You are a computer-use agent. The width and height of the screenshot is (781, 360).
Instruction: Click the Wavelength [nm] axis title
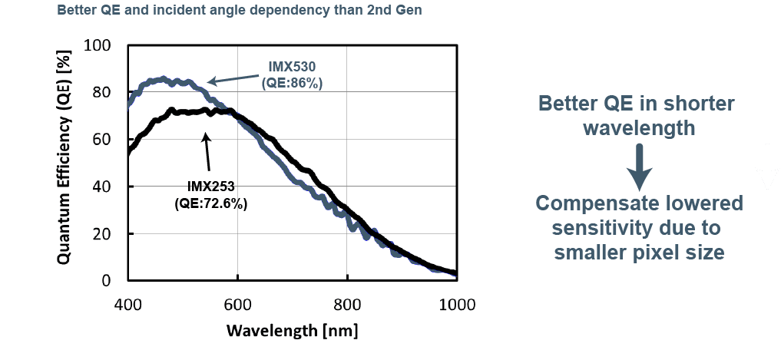tap(293, 330)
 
